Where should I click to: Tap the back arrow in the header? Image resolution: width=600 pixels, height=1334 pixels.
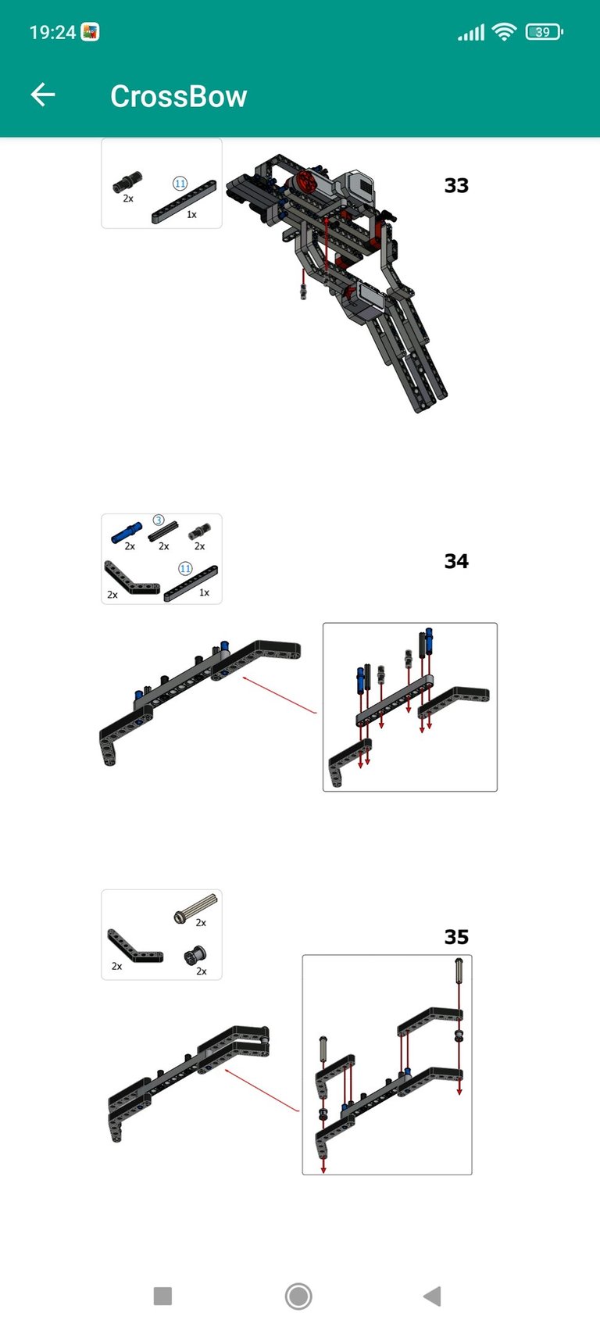pyautogui.click(x=43, y=95)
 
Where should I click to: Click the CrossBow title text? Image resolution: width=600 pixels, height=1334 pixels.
pyautogui.click(x=179, y=96)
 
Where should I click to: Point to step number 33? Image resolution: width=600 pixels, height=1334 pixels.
pyautogui.click(x=456, y=185)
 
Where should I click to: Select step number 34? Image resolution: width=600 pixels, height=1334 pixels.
pyautogui.click(x=456, y=561)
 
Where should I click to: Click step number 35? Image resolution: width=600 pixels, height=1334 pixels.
pyautogui.click(x=456, y=937)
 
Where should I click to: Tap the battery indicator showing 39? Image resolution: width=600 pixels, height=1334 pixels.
pyautogui.click(x=544, y=31)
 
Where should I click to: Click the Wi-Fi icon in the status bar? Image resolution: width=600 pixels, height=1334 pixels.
pyautogui.click(x=504, y=31)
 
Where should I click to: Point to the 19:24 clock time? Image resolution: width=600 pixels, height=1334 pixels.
pyautogui.click(x=52, y=32)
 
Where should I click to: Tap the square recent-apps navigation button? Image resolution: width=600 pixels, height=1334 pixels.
pyautogui.click(x=162, y=1296)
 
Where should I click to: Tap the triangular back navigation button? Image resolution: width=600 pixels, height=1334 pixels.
pyautogui.click(x=433, y=1296)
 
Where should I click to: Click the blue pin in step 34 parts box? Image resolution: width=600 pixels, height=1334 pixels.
pyautogui.click(x=127, y=532)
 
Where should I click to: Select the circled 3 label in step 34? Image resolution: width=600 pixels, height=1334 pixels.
pyautogui.click(x=159, y=520)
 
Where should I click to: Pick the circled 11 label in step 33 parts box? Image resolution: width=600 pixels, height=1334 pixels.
pyautogui.click(x=180, y=184)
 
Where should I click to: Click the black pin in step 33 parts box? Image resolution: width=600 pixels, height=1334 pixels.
pyautogui.click(x=127, y=181)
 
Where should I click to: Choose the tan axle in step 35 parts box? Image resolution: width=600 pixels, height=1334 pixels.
pyautogui.click(x=195, y=908)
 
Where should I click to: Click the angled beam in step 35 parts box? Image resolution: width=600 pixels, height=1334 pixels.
pyautogui.click(x=134, y=947)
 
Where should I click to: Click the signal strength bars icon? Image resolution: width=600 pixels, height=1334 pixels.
pyautogui.click(x=471, y=32)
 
